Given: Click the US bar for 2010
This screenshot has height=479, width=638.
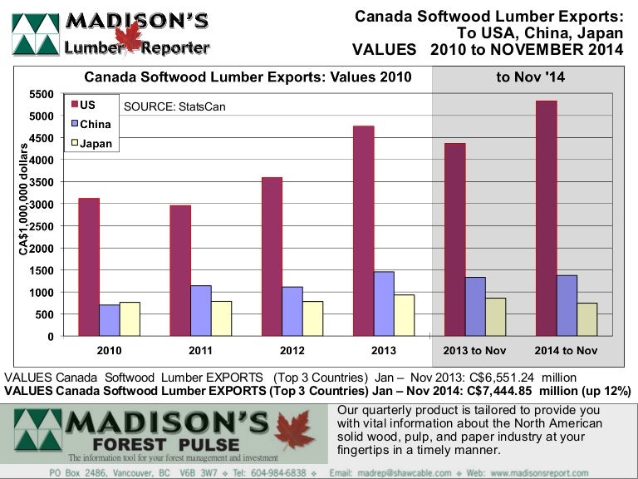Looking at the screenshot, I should click(x=88, y=267).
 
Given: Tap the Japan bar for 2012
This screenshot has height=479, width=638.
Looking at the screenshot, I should click(x=312, y=319).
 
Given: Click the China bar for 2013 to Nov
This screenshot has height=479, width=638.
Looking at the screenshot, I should click(x=475, y=307).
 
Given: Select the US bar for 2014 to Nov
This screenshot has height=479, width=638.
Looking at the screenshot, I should click(x=546, y=219).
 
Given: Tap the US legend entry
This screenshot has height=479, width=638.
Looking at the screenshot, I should click(x=87, y=105).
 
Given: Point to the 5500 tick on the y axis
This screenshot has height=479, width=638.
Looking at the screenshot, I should click(x=42, y=94).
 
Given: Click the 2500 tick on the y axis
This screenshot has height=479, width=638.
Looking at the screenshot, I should click(x=42, y=226).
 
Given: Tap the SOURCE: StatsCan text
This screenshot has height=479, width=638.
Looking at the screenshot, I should click(x=174, y=106).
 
